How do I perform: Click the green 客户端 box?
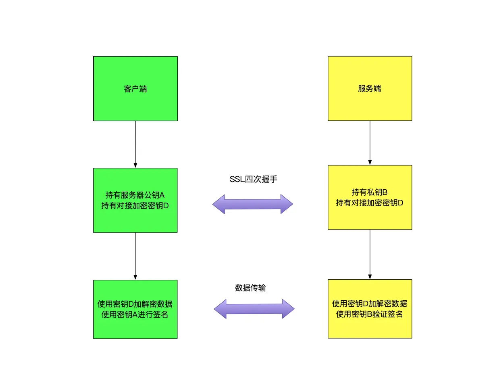pos(135,88)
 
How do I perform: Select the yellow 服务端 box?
pos(370,88)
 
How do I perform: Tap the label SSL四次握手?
pos(253,180)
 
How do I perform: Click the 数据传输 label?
pos(250,288)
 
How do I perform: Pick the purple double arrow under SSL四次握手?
pos(253,204)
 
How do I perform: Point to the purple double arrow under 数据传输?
pos(254,309)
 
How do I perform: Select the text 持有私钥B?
pos(370,192)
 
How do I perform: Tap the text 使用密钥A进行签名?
pos(135,314)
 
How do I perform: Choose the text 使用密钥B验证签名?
pos(370,314)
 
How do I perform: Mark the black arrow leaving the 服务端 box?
pos(370,142)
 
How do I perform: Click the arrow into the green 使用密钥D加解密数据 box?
pos(135,256)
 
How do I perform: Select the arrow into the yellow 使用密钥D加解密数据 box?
pos(370,254)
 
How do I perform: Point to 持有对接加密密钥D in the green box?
pos(135,206)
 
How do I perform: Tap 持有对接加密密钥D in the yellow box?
pos(370,203)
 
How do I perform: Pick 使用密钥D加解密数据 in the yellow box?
pos(370,304)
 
